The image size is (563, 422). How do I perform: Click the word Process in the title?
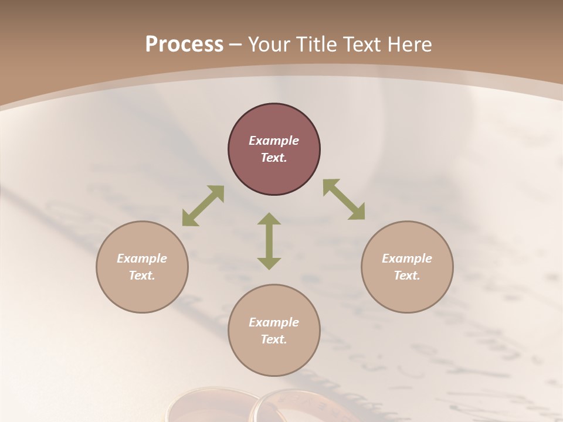(x=184, y=45)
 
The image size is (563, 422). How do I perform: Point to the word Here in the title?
(x=411, y=45)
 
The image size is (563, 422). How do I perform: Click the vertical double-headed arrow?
(x=269, y=241)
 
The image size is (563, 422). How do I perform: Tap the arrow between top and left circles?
(x=203, y=205)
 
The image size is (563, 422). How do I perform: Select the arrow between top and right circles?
(x=344, y=199)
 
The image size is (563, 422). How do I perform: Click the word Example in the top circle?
(x=274, y=141)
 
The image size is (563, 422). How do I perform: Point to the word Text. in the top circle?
(x=274, y=158)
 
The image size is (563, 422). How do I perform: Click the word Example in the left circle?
(x=142, y=258)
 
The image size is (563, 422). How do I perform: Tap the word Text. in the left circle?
(x=142, y=275)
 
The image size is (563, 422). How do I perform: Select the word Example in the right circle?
(x=407, y=258)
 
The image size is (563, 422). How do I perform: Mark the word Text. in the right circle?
(x=407, y=275)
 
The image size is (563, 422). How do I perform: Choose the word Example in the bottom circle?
(x=274, y=322)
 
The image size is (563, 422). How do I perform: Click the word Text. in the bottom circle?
(x=274, y=339)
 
